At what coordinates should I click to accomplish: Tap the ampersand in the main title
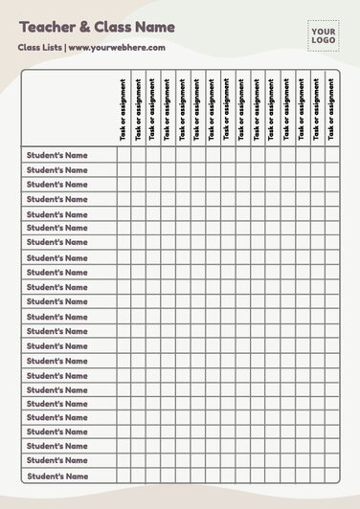(x=84, y=29)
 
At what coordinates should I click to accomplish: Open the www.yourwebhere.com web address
(x=116, y=47)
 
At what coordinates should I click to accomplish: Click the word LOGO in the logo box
(x=322, y=40)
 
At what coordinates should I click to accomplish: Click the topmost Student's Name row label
(x=56, y=155)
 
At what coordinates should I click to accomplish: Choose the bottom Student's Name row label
(x=56, y=476)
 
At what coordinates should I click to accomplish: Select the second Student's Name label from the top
(x=56, y=169)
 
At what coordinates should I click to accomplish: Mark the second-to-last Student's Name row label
(x=56, y=462)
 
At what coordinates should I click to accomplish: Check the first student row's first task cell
(x=124, y=155)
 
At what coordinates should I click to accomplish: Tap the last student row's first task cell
(x=124, y=476)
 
